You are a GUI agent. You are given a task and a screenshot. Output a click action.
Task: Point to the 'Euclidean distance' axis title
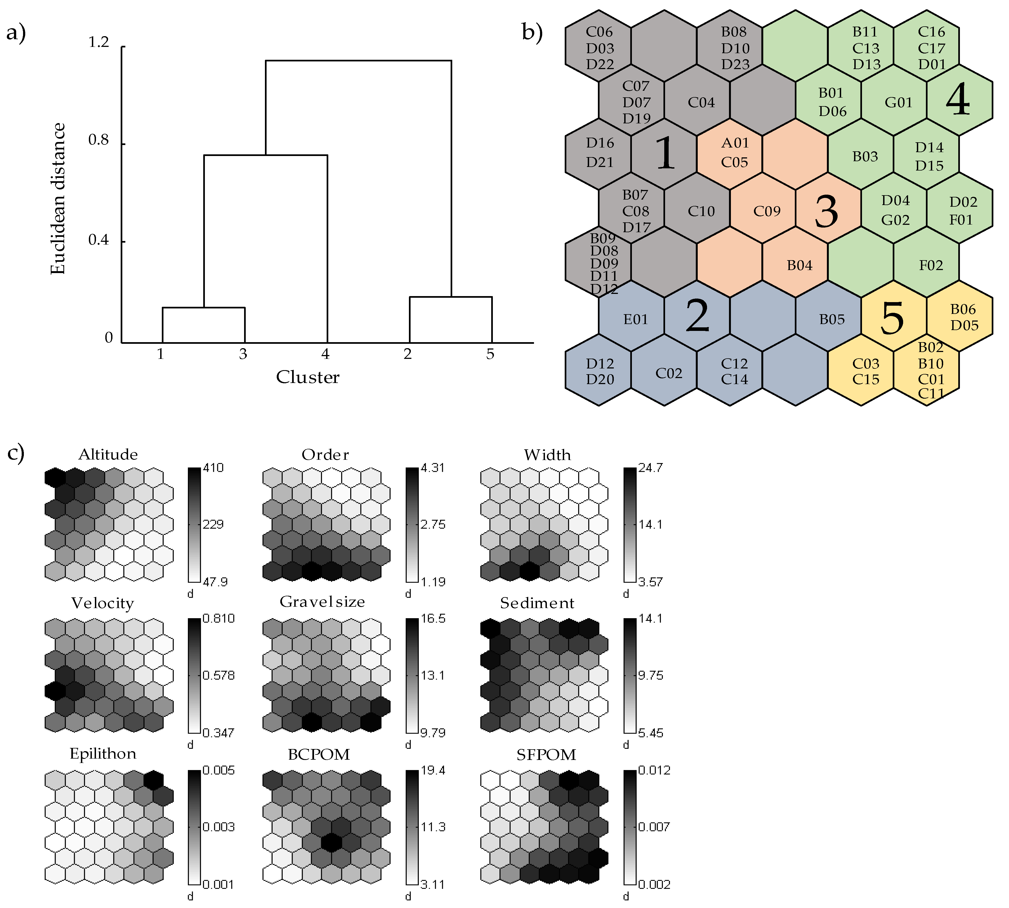click(58, 198)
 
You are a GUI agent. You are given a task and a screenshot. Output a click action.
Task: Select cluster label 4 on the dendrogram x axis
click(325, 354)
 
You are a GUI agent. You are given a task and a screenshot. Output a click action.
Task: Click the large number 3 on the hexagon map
click(826, 212)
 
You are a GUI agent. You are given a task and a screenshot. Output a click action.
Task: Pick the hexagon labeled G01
click(898, 103)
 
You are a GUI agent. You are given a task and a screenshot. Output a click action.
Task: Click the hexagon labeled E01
click(635, 319)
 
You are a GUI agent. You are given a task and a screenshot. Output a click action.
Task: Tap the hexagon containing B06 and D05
click(963, 317)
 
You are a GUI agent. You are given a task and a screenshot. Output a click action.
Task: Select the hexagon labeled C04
click(701, 103)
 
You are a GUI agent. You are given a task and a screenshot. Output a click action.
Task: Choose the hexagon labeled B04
click(799, 265)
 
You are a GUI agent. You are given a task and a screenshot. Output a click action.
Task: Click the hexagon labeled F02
click(931, 265)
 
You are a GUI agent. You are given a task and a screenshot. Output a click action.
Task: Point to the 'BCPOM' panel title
click(319, 755)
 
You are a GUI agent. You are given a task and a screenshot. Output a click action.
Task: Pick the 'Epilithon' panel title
click(103, 754)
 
